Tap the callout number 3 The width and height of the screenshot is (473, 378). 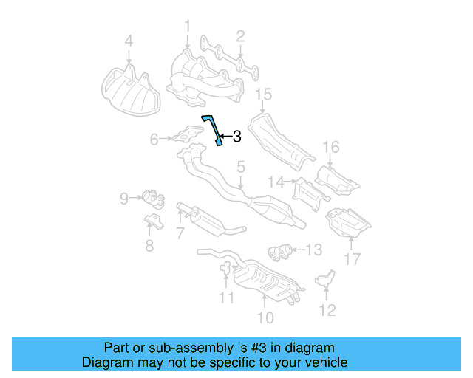click(x=236, y=136)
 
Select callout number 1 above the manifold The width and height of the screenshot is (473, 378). click(x=187, y=27)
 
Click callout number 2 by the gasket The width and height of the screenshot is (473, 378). click(x=240, y=35)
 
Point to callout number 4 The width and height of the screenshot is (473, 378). click(x=129, y=41)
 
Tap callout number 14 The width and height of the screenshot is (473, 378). click(x=276, y=181)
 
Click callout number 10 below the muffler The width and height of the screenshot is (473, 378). click(x=265, y=317)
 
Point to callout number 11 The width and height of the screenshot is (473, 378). click(x=226, y=298)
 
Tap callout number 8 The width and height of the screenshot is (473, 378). click(x=149, y=246)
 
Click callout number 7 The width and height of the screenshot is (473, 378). click(x=180, y=233)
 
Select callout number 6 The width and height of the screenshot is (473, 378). click(x=154, y=139)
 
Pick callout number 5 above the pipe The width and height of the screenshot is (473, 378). click(x=240, y=169)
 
